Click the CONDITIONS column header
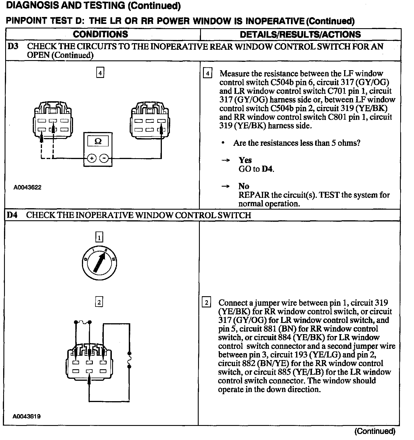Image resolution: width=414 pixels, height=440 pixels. [x=100, y=34]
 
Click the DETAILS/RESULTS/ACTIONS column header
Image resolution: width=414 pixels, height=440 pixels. [x=300, y=35]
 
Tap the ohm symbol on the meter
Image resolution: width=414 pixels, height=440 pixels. [x=98, y=141]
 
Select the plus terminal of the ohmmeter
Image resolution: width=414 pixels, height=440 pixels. [x=91, y=158]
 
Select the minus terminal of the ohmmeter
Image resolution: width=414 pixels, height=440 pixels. [x=104, y=158]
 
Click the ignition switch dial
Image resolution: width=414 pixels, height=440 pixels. [x=99, y=262]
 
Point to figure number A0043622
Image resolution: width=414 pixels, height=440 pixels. [x=28, y=188]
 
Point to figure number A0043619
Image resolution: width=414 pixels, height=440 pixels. [x=26, y=416]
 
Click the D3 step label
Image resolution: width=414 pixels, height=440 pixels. [x=13, y=46]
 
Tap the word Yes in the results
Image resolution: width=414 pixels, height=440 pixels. [x=245, y=160]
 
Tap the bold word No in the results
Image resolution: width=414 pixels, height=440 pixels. [x=244, y=186]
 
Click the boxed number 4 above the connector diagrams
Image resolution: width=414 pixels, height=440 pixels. [x=100, y=73]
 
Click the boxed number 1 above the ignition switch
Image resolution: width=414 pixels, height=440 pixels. [x=99, y=238]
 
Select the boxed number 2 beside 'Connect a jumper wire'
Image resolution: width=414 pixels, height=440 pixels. [x=207, y=303]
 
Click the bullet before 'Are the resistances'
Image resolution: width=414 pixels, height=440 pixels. [x=223, y=143]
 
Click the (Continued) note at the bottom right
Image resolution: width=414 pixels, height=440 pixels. [x=375, y=431]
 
